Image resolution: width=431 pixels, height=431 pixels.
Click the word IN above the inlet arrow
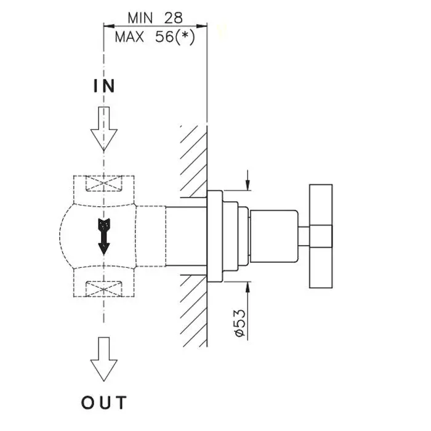coord(104,86)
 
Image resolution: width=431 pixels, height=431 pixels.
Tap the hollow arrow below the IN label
coord(103,130)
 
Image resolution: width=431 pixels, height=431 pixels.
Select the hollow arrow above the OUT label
coord(103,360)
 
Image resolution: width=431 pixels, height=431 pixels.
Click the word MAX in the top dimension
coord(129,37)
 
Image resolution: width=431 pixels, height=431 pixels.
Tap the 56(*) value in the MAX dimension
coord(175,37)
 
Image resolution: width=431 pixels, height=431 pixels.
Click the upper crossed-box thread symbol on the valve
coord(103,185)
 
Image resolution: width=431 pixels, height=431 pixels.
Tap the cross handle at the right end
coord(320,235)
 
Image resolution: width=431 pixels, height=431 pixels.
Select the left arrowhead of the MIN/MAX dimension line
coord(108,26)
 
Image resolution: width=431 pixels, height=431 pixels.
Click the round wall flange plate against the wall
coord(214,235)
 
